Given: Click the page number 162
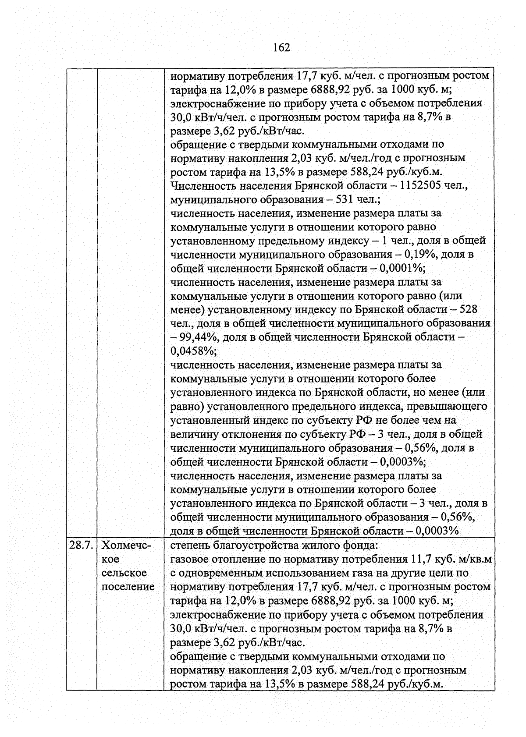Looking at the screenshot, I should click(281, 47).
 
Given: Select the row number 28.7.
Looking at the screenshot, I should click(82, 546).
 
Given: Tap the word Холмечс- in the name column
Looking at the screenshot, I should click(126, 546).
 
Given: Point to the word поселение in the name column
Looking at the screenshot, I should click(128, 587).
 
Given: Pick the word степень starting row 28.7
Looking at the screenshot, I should click(189, 546).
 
